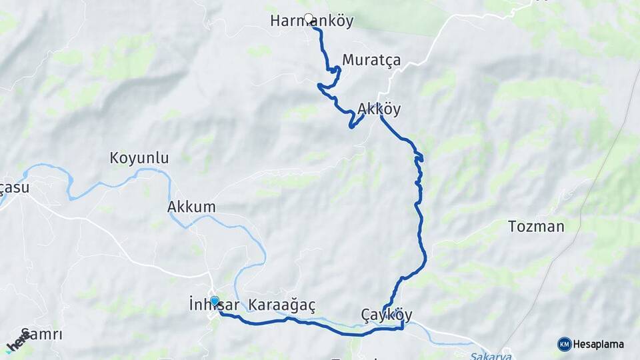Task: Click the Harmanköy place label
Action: point(312,21)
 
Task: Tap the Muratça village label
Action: point(371,60)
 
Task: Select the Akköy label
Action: point(379,108)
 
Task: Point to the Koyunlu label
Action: point(139,159)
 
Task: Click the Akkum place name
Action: point(191,207)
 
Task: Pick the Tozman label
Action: point(536,226)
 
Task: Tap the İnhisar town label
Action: point(209,305)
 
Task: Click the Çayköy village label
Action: point(386,315)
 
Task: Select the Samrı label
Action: point(41,334)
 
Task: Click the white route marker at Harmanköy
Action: point(308,18)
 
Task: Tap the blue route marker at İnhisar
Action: point(215,301)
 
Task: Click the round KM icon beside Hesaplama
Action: point(564,344)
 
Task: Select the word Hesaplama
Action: point(599,345)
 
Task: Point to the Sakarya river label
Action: point(486,356)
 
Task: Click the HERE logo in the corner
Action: point(19,341)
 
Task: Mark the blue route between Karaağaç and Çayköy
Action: point(333,327)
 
